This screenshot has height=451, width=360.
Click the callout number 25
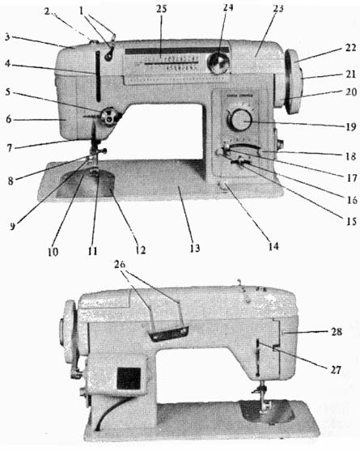click(162, 9)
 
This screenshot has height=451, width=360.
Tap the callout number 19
click(351, 126)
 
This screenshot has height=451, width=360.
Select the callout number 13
click(194, 248)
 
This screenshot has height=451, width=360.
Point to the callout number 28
click(337, 332)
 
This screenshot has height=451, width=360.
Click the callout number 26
click(120, 264)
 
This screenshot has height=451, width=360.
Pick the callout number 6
click(9, 119)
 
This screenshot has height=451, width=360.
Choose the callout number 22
click(351, 48)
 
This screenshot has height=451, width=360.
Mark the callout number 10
click(53, 252)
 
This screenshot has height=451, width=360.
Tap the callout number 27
click(335, 369)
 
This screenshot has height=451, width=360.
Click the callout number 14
click(273, 246)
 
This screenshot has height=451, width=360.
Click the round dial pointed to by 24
click(219, 63)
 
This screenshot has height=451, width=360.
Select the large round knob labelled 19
click(240, 121)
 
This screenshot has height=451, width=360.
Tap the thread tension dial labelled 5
click(109, 117)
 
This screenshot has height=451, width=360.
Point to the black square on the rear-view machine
click(129, 378)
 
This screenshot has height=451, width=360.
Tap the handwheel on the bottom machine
click(69, 331)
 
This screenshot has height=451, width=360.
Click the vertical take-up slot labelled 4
click(98, 76)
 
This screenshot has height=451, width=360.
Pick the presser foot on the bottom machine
click(264, 406)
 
